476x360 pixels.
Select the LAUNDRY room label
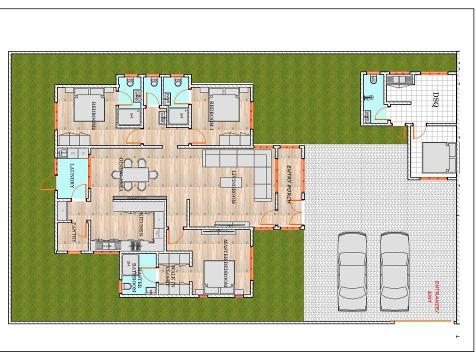point(72,176)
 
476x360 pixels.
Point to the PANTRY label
point(73,232)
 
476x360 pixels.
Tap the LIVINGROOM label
point(233,187)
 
